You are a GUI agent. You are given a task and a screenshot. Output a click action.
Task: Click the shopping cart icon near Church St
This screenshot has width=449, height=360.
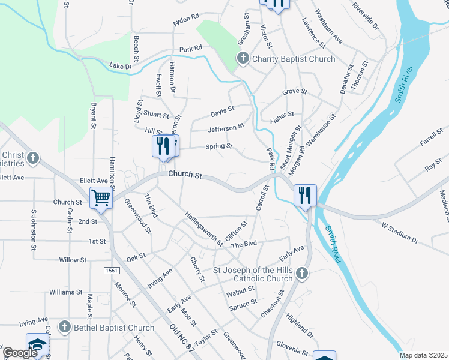tap(101, 197)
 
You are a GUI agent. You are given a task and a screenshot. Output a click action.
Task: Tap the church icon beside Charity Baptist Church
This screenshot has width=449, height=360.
tap(243, 58)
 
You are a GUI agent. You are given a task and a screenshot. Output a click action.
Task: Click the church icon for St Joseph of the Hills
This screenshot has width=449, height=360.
tap(302, 274)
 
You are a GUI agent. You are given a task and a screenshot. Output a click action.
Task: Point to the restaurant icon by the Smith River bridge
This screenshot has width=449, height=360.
tap(305, 195)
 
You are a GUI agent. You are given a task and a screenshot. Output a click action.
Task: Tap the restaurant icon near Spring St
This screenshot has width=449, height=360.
tap(163, 146)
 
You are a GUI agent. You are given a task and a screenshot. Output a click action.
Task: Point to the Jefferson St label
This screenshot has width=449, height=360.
tap(226, 128)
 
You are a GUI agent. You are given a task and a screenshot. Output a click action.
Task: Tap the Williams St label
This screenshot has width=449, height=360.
tap(65, 292)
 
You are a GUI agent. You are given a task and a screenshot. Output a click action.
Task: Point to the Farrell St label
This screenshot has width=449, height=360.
tap(431, 139)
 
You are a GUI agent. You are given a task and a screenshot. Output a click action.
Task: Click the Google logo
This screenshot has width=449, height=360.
tap(20, 353)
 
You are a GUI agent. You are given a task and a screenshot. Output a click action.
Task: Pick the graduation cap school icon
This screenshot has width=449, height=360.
tap(37, 344)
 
